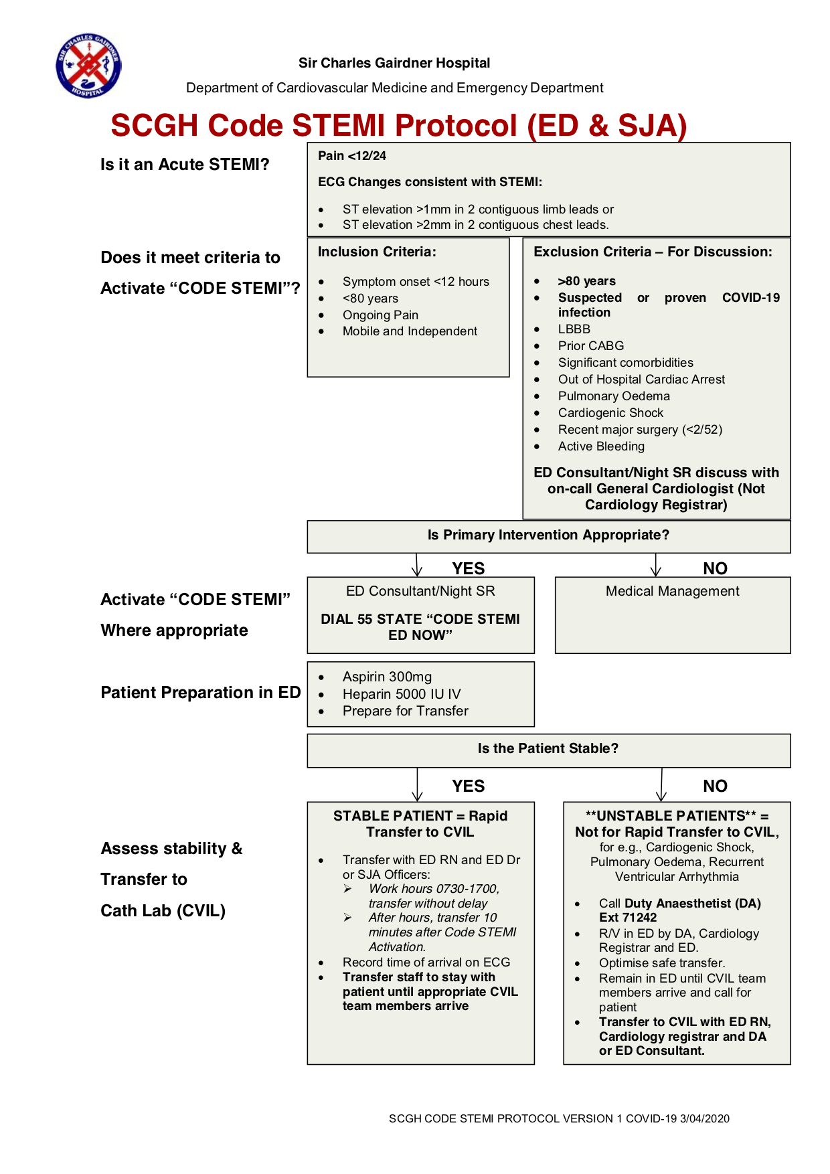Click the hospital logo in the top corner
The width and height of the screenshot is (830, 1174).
88,66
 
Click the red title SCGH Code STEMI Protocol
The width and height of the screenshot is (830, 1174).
398,126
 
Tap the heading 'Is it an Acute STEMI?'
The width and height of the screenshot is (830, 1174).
185,165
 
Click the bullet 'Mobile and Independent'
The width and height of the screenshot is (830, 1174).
410,331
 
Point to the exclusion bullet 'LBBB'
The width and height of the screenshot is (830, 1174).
574,329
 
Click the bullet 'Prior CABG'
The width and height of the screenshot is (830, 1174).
590,346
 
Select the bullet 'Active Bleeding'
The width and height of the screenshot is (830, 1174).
601,446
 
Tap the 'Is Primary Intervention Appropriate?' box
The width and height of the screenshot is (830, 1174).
548,535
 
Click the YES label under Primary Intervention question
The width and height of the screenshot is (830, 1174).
468,568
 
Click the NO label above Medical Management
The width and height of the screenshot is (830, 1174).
715,568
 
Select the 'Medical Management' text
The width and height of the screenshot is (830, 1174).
672,591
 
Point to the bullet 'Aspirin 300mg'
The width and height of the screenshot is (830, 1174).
387,677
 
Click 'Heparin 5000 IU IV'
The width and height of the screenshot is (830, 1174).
402,694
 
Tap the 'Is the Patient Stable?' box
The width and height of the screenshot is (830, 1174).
548,749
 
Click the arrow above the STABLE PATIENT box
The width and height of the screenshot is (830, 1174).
418,784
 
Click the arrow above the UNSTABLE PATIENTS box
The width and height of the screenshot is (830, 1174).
661,784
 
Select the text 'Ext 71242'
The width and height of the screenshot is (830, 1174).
628,918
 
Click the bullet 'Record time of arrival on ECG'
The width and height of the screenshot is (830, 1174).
426,962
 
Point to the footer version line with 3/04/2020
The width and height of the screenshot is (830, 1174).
559,1118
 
